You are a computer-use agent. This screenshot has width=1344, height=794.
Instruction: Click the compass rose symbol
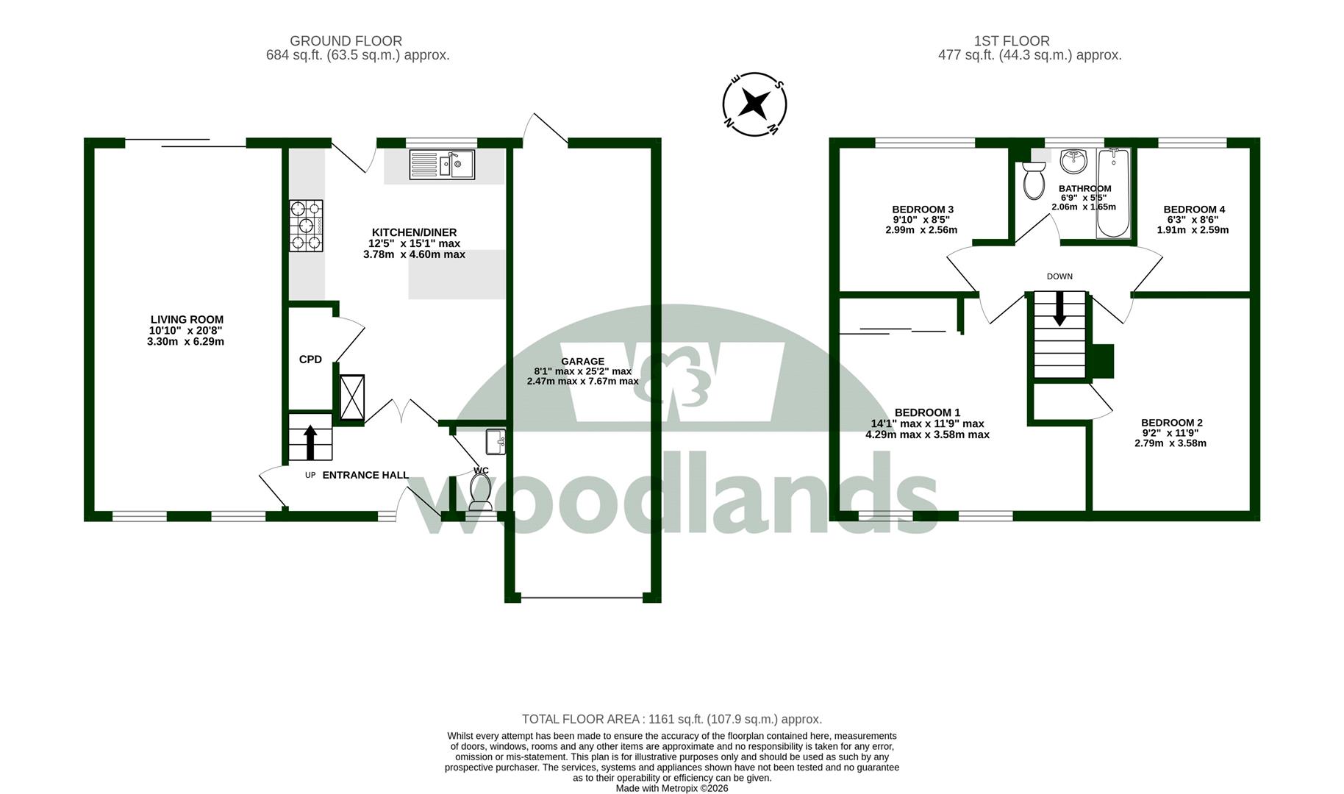click(754, 104)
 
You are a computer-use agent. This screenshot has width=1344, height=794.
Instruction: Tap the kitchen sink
click(442, 165)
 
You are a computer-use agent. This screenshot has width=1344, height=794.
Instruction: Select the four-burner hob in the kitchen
click(306, 226)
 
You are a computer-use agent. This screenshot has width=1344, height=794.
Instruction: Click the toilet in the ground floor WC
click(481, 491)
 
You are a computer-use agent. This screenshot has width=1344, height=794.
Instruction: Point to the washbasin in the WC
click(496, 442)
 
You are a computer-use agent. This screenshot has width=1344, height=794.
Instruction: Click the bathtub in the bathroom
click(1113, 193)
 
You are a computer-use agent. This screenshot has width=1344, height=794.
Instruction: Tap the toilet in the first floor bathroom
click(1034, 181)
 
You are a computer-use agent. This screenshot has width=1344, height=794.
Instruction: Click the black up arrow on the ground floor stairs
click(310, 443)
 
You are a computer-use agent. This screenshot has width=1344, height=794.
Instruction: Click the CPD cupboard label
click(310, 360)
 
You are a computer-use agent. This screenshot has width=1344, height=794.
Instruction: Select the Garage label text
click(583, 361)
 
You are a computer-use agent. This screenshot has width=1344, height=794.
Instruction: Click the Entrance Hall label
click(365, 475)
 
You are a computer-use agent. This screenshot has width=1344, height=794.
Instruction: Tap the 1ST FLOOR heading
click(1012, 41)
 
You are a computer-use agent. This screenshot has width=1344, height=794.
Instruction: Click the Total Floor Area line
click(672, 719)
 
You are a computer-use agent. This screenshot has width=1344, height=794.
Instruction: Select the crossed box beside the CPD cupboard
click(351, 397)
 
